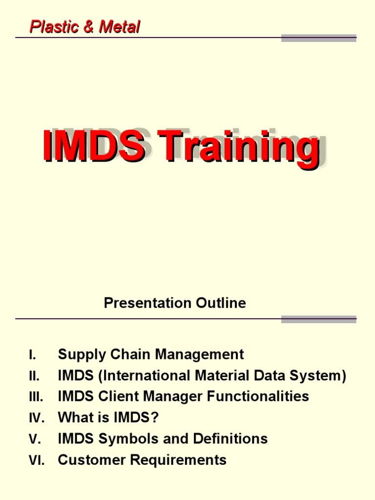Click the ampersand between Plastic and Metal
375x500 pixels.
coord(89,27)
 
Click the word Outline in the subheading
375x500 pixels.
coord(221,303)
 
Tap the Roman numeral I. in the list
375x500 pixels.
coord(32,355)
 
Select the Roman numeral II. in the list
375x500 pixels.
coord(34,376)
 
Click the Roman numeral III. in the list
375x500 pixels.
coord(36,397)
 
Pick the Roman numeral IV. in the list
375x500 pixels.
coord(36,418)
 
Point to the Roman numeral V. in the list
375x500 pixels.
coord(34,439)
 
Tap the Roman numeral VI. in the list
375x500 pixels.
coord(36,460)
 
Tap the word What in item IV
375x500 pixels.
coord(74,417)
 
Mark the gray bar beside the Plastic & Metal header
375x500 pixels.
coord(319,38)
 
